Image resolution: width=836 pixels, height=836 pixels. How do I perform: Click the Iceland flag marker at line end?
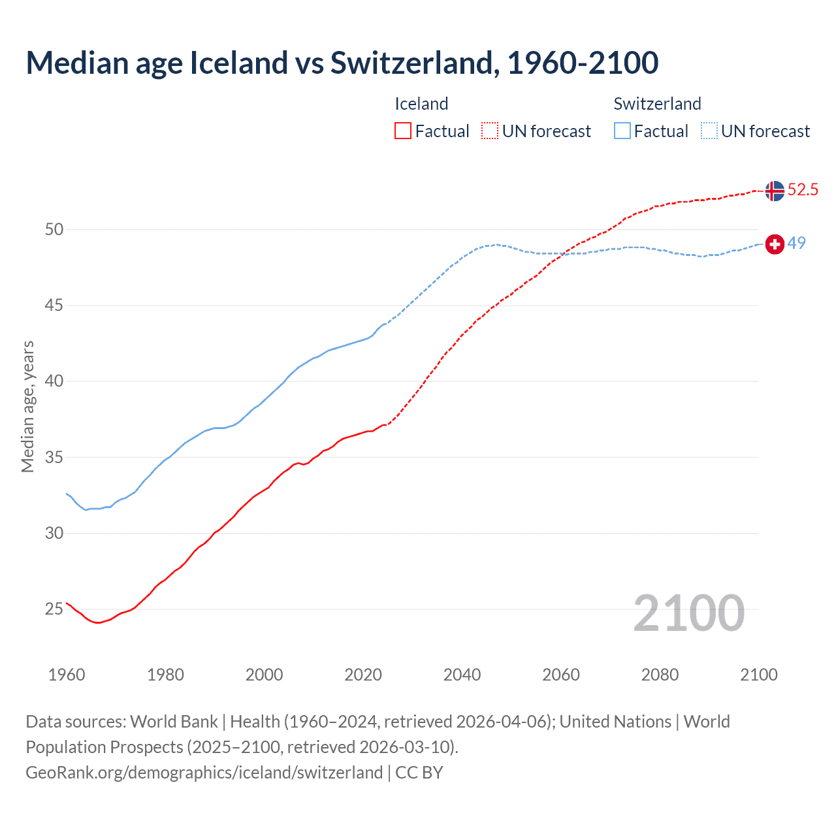(775, 191)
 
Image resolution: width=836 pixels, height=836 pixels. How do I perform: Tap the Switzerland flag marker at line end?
(775, 244)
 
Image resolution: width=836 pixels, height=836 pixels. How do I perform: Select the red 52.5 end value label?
(803, 190)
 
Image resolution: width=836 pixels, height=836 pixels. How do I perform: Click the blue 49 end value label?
(796, 243)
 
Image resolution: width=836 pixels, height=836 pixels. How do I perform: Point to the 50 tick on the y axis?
(54, 229)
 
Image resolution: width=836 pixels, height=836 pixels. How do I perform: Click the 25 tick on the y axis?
(54, 609)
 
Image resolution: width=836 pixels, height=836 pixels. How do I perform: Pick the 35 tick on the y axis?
(54, 457)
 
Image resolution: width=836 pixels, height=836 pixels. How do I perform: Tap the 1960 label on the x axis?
(67, 675)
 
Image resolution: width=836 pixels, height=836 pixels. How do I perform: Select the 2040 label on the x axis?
(462, 675)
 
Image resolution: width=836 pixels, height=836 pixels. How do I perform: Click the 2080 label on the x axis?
(660, 675)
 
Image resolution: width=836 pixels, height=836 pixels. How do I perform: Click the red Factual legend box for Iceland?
(403, 131)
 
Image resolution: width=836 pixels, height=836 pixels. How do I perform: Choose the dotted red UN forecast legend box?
(490, 131)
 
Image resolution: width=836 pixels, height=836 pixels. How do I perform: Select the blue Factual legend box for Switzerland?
(622, 131)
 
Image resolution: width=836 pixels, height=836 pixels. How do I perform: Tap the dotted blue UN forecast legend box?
(709, 131)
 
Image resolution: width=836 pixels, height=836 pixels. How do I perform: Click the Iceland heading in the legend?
(421, 104)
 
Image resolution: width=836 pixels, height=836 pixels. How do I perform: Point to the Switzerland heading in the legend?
(657, 104)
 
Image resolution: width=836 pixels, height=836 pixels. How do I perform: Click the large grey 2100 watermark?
(688, 613)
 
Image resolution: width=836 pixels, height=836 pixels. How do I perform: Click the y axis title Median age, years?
(27, 406)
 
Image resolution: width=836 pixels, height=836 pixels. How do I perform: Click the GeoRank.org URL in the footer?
(204, 772)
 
